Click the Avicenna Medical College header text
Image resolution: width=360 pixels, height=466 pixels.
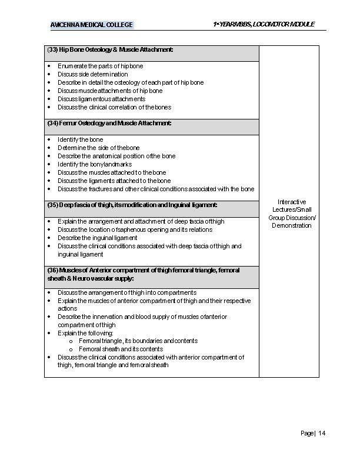(x=92, y=25)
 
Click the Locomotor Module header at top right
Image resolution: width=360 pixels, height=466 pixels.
(x=264, y=24)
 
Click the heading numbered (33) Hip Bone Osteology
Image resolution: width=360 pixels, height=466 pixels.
(x=110, y=50)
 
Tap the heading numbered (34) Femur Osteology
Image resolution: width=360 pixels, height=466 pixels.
(x=109, y=124)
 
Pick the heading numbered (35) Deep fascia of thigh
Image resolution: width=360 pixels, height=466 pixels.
(x=132, y=205)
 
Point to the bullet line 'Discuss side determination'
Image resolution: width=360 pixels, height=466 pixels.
(x=92, y=75)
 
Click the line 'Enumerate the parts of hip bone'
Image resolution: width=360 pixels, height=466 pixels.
(x=100, y=66)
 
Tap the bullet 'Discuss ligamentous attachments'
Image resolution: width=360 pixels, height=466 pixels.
(x=101, y=99)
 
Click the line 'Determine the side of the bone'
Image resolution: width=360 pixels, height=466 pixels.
(x=98, y=148)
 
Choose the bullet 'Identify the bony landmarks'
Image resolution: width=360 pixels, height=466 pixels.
(x=95, y=164)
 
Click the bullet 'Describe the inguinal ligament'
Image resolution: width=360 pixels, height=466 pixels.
(x=97, y=238)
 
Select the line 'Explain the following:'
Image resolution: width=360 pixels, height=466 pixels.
(x=86, y=332)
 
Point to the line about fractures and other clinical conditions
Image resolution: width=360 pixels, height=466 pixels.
(x=156, y=189)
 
